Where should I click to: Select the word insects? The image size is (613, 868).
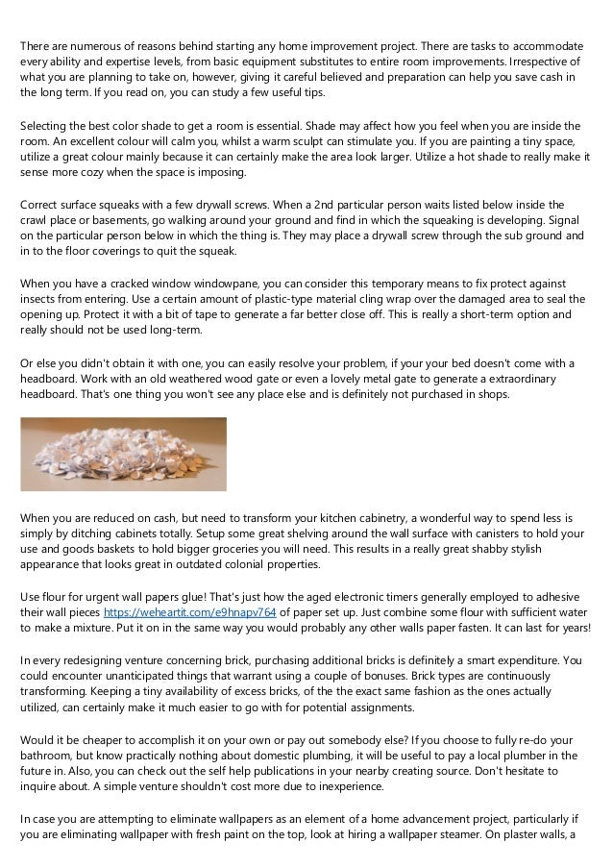click(x=44, y=300)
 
